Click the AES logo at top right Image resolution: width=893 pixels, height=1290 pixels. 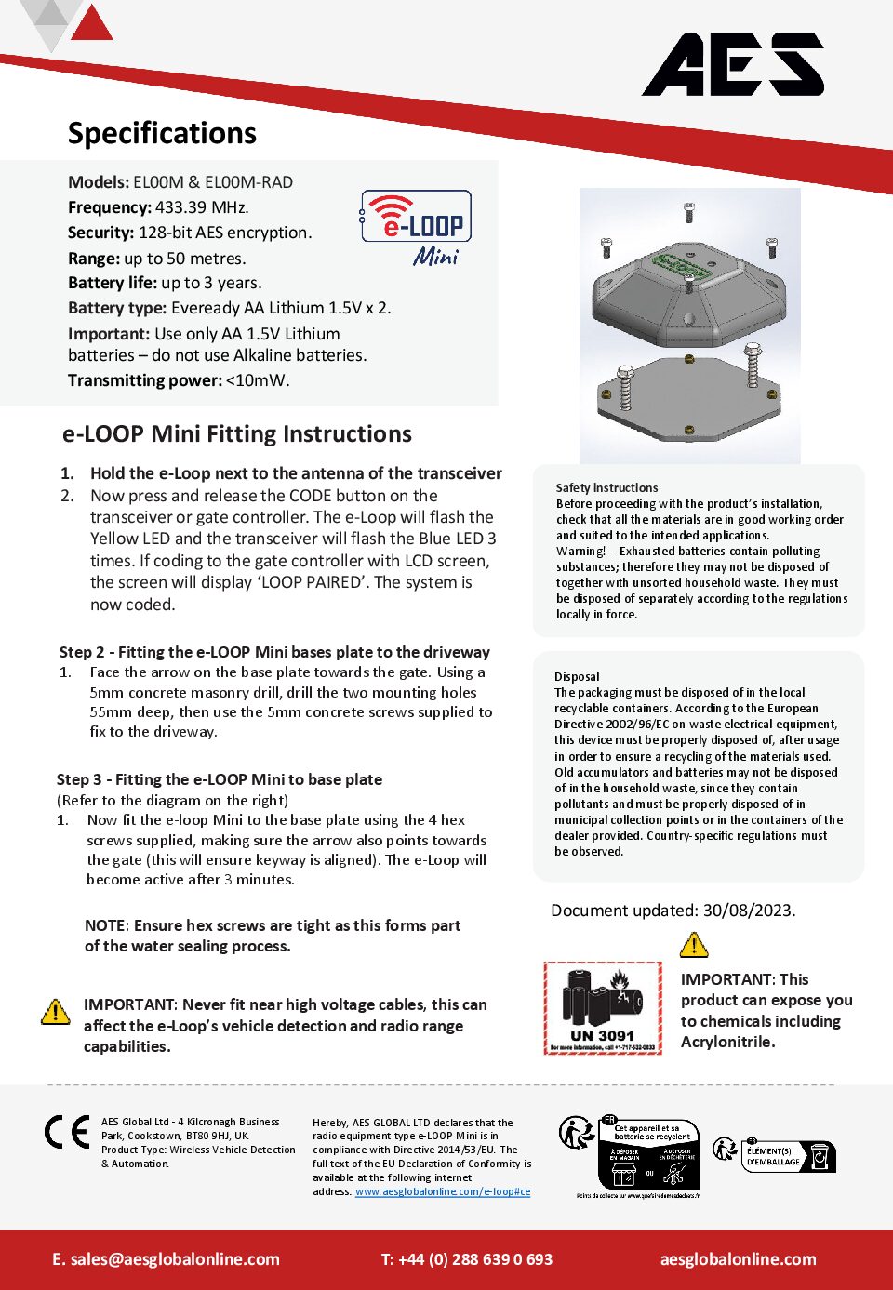733,65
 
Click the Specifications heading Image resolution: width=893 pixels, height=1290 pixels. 162,134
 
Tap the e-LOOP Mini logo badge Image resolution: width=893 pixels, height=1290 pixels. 416,227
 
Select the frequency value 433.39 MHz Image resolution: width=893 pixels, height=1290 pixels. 202,207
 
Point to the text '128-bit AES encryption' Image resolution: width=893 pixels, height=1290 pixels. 224,233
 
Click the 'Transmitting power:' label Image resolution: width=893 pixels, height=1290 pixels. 145,380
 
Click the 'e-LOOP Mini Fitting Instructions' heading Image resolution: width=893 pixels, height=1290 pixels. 236,434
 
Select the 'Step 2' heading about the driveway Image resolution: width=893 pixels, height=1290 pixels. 274,652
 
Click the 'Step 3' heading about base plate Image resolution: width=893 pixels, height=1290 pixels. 220,779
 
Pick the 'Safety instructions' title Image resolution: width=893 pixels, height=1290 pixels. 606,487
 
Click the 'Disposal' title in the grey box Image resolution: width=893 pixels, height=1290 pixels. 577,676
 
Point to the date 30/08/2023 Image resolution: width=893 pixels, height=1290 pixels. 749,911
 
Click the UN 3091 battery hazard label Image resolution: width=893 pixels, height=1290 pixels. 603,1008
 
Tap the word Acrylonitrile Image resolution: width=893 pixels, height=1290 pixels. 727,1042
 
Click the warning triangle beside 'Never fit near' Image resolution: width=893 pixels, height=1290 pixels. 56,1011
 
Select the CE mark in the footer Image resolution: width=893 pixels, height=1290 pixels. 68,1132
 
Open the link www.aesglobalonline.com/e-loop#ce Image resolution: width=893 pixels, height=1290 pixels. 443,1191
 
